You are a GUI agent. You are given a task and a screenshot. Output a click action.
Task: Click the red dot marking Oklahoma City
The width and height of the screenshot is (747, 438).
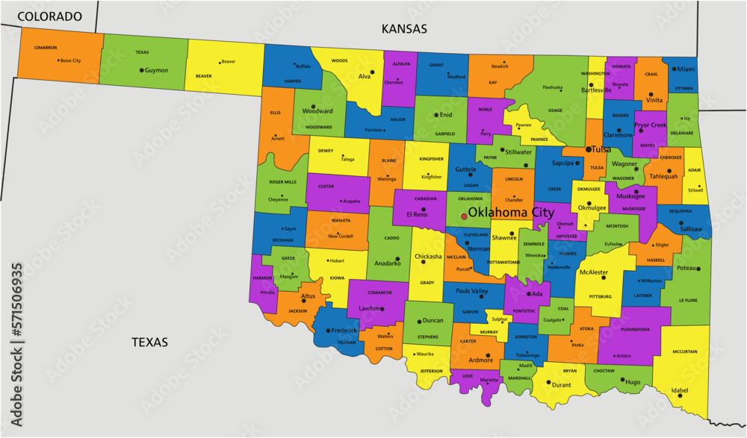coord(464,216)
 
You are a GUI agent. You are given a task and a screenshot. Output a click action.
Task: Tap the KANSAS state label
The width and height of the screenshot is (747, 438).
coord(404,29)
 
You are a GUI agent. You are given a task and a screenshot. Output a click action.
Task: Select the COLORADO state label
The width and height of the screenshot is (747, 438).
coord(49,16)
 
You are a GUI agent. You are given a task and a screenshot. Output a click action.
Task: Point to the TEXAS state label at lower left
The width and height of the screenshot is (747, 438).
coord(149,342)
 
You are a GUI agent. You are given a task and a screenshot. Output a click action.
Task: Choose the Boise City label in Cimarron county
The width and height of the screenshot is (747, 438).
coord(70,60)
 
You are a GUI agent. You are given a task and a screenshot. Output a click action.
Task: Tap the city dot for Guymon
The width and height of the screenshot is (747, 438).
coord(140,70)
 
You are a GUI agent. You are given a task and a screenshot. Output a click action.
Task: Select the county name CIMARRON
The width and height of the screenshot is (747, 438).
coord(46,48)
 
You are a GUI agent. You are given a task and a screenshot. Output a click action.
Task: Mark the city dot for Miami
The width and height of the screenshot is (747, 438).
coord(672,69)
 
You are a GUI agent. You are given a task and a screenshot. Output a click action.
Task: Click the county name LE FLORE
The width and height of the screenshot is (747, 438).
coord(688,300)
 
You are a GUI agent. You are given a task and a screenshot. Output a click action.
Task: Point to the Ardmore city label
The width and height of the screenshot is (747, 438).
coord(480,360)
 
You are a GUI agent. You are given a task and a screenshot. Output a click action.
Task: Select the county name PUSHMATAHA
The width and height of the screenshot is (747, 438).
coord(634,329)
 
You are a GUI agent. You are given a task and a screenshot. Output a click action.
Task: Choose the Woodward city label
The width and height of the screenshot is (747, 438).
coord(317,111)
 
